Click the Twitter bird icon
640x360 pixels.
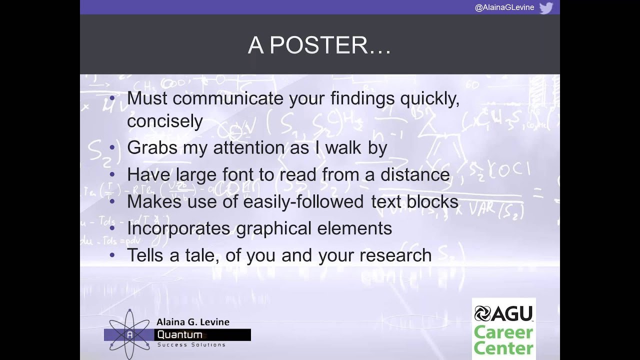click(x=546, y=7)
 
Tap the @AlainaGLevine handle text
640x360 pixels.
click(x=504, y=7)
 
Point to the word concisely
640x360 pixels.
click(x=164, y=121)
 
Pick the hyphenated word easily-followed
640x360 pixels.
click(x=303, y=201)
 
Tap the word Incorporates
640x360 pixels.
click(x=178, y=228)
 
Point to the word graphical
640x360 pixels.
click(x=274, y=228)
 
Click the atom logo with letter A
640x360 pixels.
click(x=129, y=334)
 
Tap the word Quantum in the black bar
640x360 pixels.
click(x=179, y=334)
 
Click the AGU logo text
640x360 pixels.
click(x=504, y=313)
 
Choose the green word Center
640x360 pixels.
click(x=503, y=347)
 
